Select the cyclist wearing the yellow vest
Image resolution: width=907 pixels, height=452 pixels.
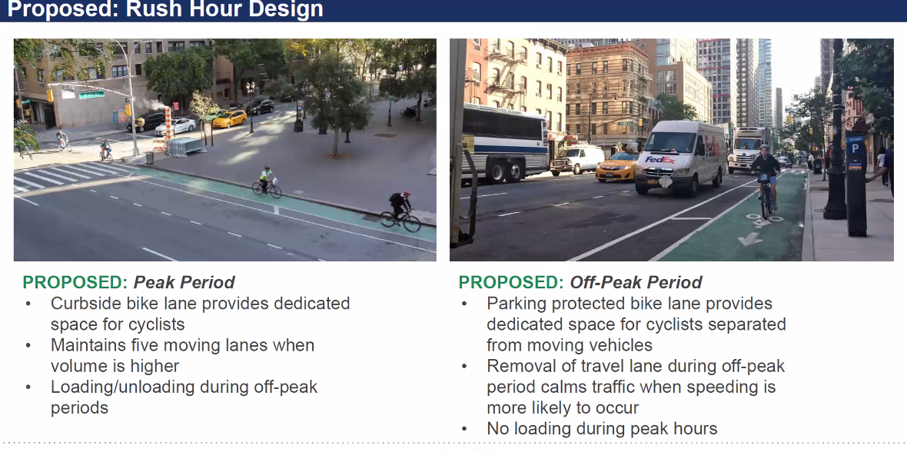coord(266,182)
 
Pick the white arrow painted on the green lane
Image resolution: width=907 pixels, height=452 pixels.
coord(750,238)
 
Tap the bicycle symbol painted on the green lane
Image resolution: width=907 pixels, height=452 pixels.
coord(761,219)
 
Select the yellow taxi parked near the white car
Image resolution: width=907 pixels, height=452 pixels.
coord(230,118)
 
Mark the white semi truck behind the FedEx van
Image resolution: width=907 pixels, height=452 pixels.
coord(749,149)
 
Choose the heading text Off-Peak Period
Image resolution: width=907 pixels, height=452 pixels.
coord(636,282)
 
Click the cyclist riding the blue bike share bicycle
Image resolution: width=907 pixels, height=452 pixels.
coord(766,181)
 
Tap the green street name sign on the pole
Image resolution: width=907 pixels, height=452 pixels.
coord(91,95)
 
